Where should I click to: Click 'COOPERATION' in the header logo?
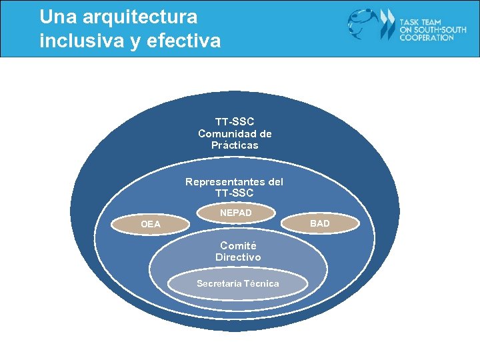pos(427,38)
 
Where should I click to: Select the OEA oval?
pos(151,224)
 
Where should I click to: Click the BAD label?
pos(320,223)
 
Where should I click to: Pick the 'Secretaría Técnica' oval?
pos(238,284)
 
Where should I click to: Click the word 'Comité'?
pos(238,245)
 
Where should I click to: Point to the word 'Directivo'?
pos(238,257)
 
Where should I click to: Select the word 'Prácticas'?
pos(235,145)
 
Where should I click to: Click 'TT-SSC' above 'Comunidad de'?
pos(235,122)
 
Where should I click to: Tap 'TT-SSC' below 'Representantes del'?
pos(235,193)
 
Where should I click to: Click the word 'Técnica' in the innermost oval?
pos(262,284)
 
